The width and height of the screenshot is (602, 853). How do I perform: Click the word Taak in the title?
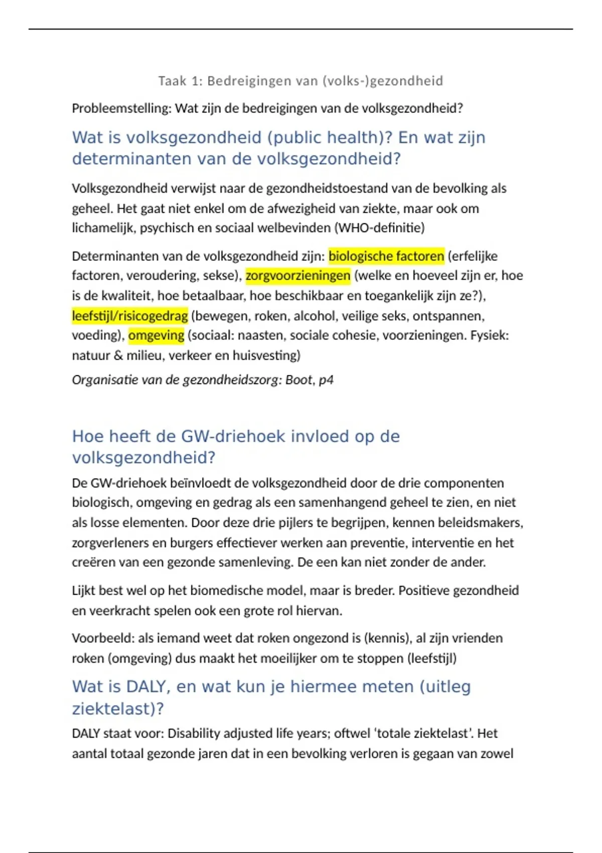pyautogui.click(x=172, y=81)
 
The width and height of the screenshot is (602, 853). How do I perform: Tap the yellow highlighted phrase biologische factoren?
pyautogui.click(x=386, y=256)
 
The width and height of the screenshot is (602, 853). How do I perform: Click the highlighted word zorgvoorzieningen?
pyautogui.click(x=298, y=276)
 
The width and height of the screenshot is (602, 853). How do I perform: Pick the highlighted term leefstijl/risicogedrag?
pyautogui.click(x=130, y=316)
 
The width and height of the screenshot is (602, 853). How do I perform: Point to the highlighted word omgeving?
pyautogui.click(x=156, y=336)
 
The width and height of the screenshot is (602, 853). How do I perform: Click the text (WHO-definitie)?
pyautogui.click(x=379, y=228)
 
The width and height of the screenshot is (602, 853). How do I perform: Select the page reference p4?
pyautogui.click(x=326, y=380)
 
